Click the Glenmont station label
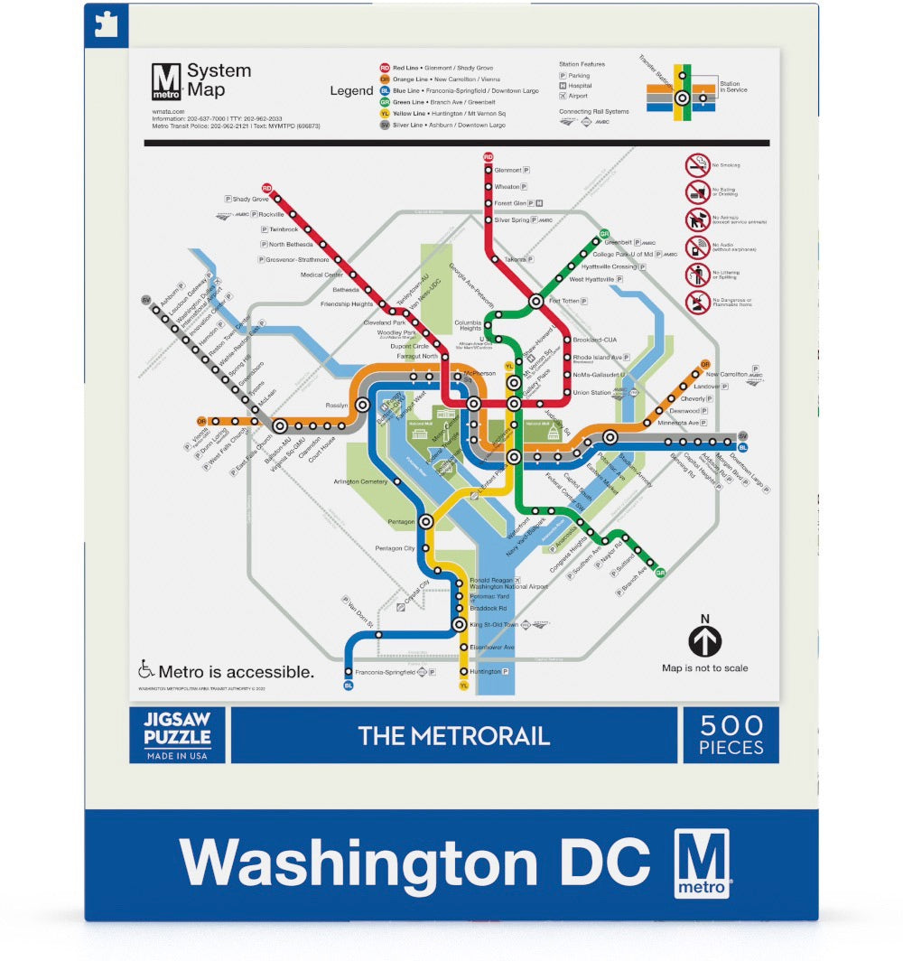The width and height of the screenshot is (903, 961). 508,170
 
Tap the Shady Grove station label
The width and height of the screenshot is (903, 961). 250,199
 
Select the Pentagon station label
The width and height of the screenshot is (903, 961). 401,522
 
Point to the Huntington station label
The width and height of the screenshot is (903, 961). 485,672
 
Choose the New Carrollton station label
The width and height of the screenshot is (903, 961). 726,374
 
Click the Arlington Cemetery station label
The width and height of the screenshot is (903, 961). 360,481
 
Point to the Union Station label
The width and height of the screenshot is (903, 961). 591,393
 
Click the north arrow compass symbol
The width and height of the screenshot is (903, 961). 705,641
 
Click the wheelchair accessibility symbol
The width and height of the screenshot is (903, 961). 145,670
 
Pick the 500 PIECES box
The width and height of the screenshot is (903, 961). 731,734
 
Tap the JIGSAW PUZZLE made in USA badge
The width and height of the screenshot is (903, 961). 177,734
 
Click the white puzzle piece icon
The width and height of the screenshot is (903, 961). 106,24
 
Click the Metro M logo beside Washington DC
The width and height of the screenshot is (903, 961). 702,863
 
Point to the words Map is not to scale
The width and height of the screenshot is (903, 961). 704,668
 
